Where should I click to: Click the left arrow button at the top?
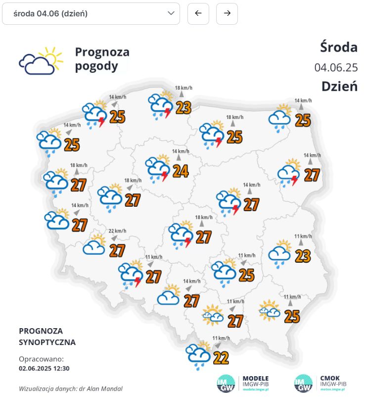(x=198, y=13)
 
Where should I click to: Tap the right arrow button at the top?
(x=227, y=13)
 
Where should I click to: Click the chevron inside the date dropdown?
(x=171, y=13)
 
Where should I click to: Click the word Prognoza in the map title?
(x=102, y=52)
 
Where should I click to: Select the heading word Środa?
(x=339, y=47)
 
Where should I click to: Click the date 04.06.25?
(x=336, y=67)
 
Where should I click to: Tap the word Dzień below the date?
(x=339, y=86)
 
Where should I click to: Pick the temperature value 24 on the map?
(x=181, y=171)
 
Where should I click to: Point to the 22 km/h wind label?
(x=118, y=231)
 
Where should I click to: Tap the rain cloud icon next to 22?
(x=199, y=355)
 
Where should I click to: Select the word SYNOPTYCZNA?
(x=47, y=342)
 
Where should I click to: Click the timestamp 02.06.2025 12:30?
(x=44, y=368)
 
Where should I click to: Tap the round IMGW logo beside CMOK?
(x=303, y=384)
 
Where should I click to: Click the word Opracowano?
(x=41, y=359)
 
